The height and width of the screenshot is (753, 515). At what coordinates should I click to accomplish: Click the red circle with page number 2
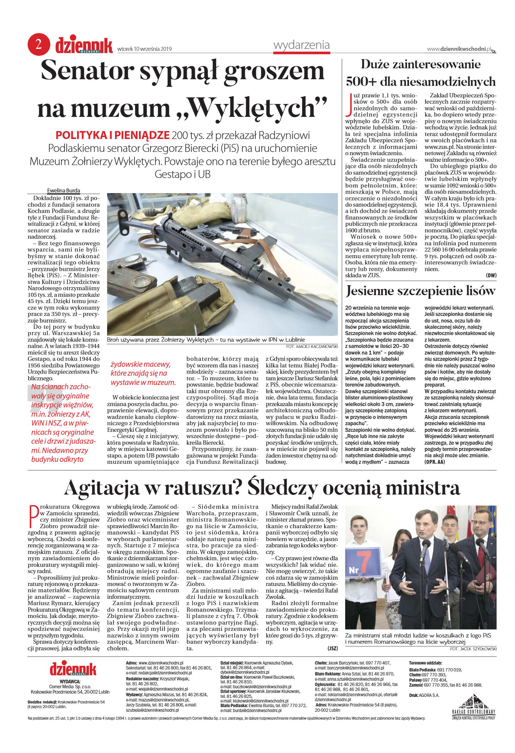point(39,44)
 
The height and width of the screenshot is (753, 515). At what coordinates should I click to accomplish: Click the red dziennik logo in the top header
point(84,45)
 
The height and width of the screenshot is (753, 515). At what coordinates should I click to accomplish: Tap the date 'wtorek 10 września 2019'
point(144,49)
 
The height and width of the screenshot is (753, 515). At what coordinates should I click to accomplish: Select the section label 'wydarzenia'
point(301,45)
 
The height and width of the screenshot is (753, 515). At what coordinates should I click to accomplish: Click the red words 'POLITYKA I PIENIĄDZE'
point(112,135)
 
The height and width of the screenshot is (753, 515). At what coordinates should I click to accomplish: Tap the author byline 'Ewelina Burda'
point(63,190)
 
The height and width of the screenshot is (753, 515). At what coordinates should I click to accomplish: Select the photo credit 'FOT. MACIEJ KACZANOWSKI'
point(312,346)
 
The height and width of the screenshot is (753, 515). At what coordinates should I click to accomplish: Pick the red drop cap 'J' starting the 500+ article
point(348,105)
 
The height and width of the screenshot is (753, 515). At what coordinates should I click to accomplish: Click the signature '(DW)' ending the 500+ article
point(491,275)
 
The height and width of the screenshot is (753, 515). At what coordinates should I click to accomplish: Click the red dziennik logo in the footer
point(73,669)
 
